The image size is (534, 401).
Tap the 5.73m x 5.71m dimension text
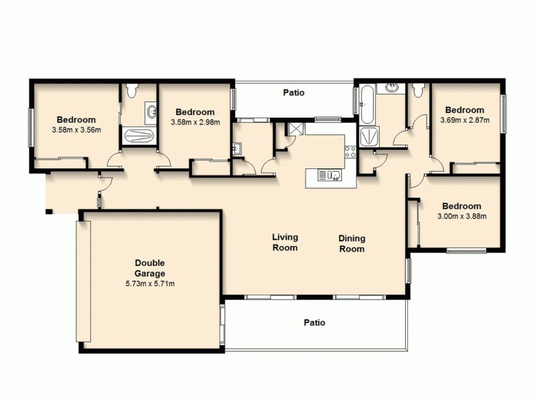(150, 283)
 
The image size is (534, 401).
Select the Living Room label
(285, 242)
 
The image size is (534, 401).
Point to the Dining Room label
(352, 243)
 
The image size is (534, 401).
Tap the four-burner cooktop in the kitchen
(349, 152)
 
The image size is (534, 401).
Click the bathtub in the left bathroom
(139, 135)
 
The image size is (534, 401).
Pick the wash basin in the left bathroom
(152, 111)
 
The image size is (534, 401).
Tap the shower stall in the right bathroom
(368, 137)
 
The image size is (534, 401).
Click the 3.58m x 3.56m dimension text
(76, 130)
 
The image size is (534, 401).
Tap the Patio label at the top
(294, 93)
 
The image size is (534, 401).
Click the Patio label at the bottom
(314, 322)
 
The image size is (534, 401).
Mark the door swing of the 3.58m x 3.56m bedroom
(115, 160)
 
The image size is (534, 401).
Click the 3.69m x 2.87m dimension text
(465, 120)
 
